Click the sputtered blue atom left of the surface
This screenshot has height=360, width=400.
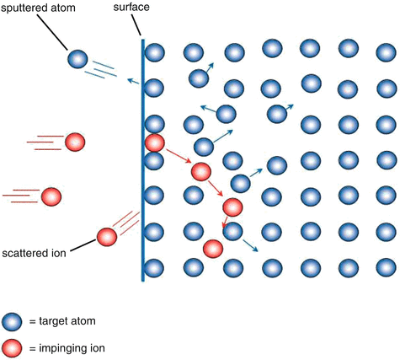tap(77, 58)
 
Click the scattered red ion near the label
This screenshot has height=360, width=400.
tap(107, 237)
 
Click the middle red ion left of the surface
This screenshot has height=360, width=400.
tap(51, 196)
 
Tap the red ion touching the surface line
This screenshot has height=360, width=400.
tap(154, 142)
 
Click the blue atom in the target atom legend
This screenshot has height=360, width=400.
tap(12, 321)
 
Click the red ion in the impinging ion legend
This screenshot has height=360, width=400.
tap(12, 347)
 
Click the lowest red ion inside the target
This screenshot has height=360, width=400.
tap(212, 249)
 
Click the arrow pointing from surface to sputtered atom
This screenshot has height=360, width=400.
tap(133, 82)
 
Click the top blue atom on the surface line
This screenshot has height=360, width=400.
tap(154, 51)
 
